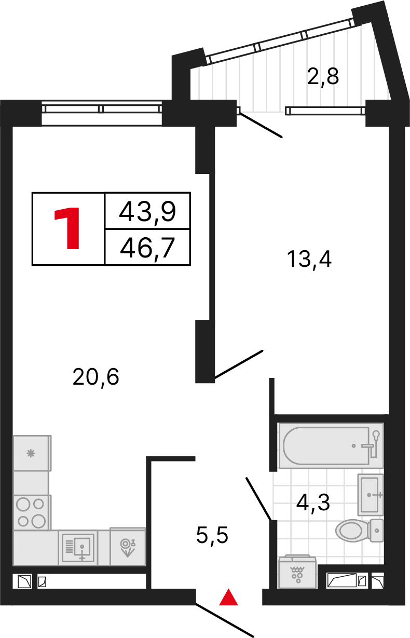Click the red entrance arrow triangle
[x=228, y=598]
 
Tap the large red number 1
[x=68, y=228]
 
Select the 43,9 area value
[x=147, y=211]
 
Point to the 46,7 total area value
[x=147, y=248]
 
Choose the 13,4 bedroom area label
[x=309, y=258]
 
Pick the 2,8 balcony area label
[x=323, y=77]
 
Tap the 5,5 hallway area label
[x=212, y=534]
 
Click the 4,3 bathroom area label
[x=313, y=502]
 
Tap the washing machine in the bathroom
[x=297, y=572]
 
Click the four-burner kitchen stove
[x=31, y=512]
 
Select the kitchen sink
[x=78, y=547]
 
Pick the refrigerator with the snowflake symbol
[x=32, y=453]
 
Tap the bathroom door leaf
[x=258, y=498]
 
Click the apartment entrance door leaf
[x=224, y=620]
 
